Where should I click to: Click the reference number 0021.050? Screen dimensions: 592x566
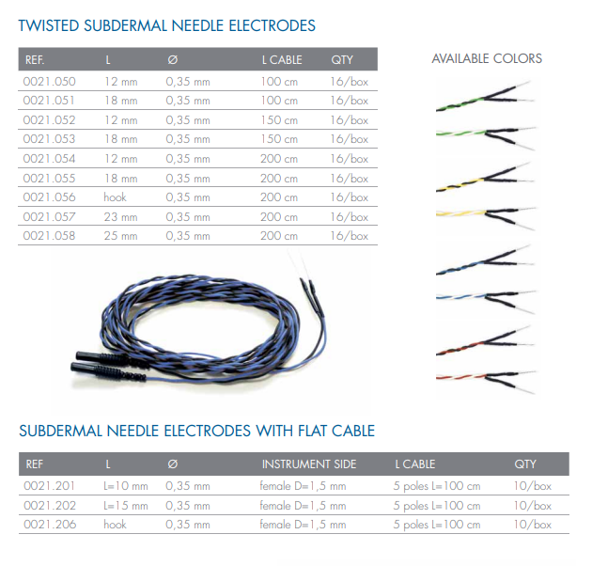pyautogui.click(x=49, y=82)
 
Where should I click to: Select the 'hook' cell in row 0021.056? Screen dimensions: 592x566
pyautogui.click(x=116, y=197)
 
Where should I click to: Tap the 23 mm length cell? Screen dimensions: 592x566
pyautogui.click(x=121, y=217)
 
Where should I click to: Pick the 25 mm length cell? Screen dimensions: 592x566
pyautogui.click(x=121, y=236)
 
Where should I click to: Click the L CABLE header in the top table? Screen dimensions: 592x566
pyautogui.click(x=282, y=59)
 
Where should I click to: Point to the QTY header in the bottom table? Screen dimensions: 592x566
pyautogui.click(x=525, y=464)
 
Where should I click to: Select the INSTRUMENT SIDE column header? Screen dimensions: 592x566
pyautogui.click(x=309, y=464)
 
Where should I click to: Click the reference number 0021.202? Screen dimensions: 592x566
pyautogui.click(x=50, y=506)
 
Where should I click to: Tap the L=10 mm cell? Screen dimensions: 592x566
pyautogui.click(x=126, y=486)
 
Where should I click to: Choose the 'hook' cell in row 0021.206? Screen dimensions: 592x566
pyautogui.click(x=116, y=525)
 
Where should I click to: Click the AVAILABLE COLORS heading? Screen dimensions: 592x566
pyautogui.click(x=487, y=58)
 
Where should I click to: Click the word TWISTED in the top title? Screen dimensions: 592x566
pyautogui.click(x=49, y=25)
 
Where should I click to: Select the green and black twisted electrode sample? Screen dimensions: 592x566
pyautogui.click(x=484, y=96)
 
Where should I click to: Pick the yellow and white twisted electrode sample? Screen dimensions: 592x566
pyautogui.click(x=485, y=216)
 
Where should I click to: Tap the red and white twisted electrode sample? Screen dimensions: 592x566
pyautogui.click(x=485, y=380)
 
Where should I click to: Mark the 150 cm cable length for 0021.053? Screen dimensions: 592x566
pyautogui.click(x=279, y=139)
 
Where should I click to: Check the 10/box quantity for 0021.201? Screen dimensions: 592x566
pyautogui.click(x=533, y=486)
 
